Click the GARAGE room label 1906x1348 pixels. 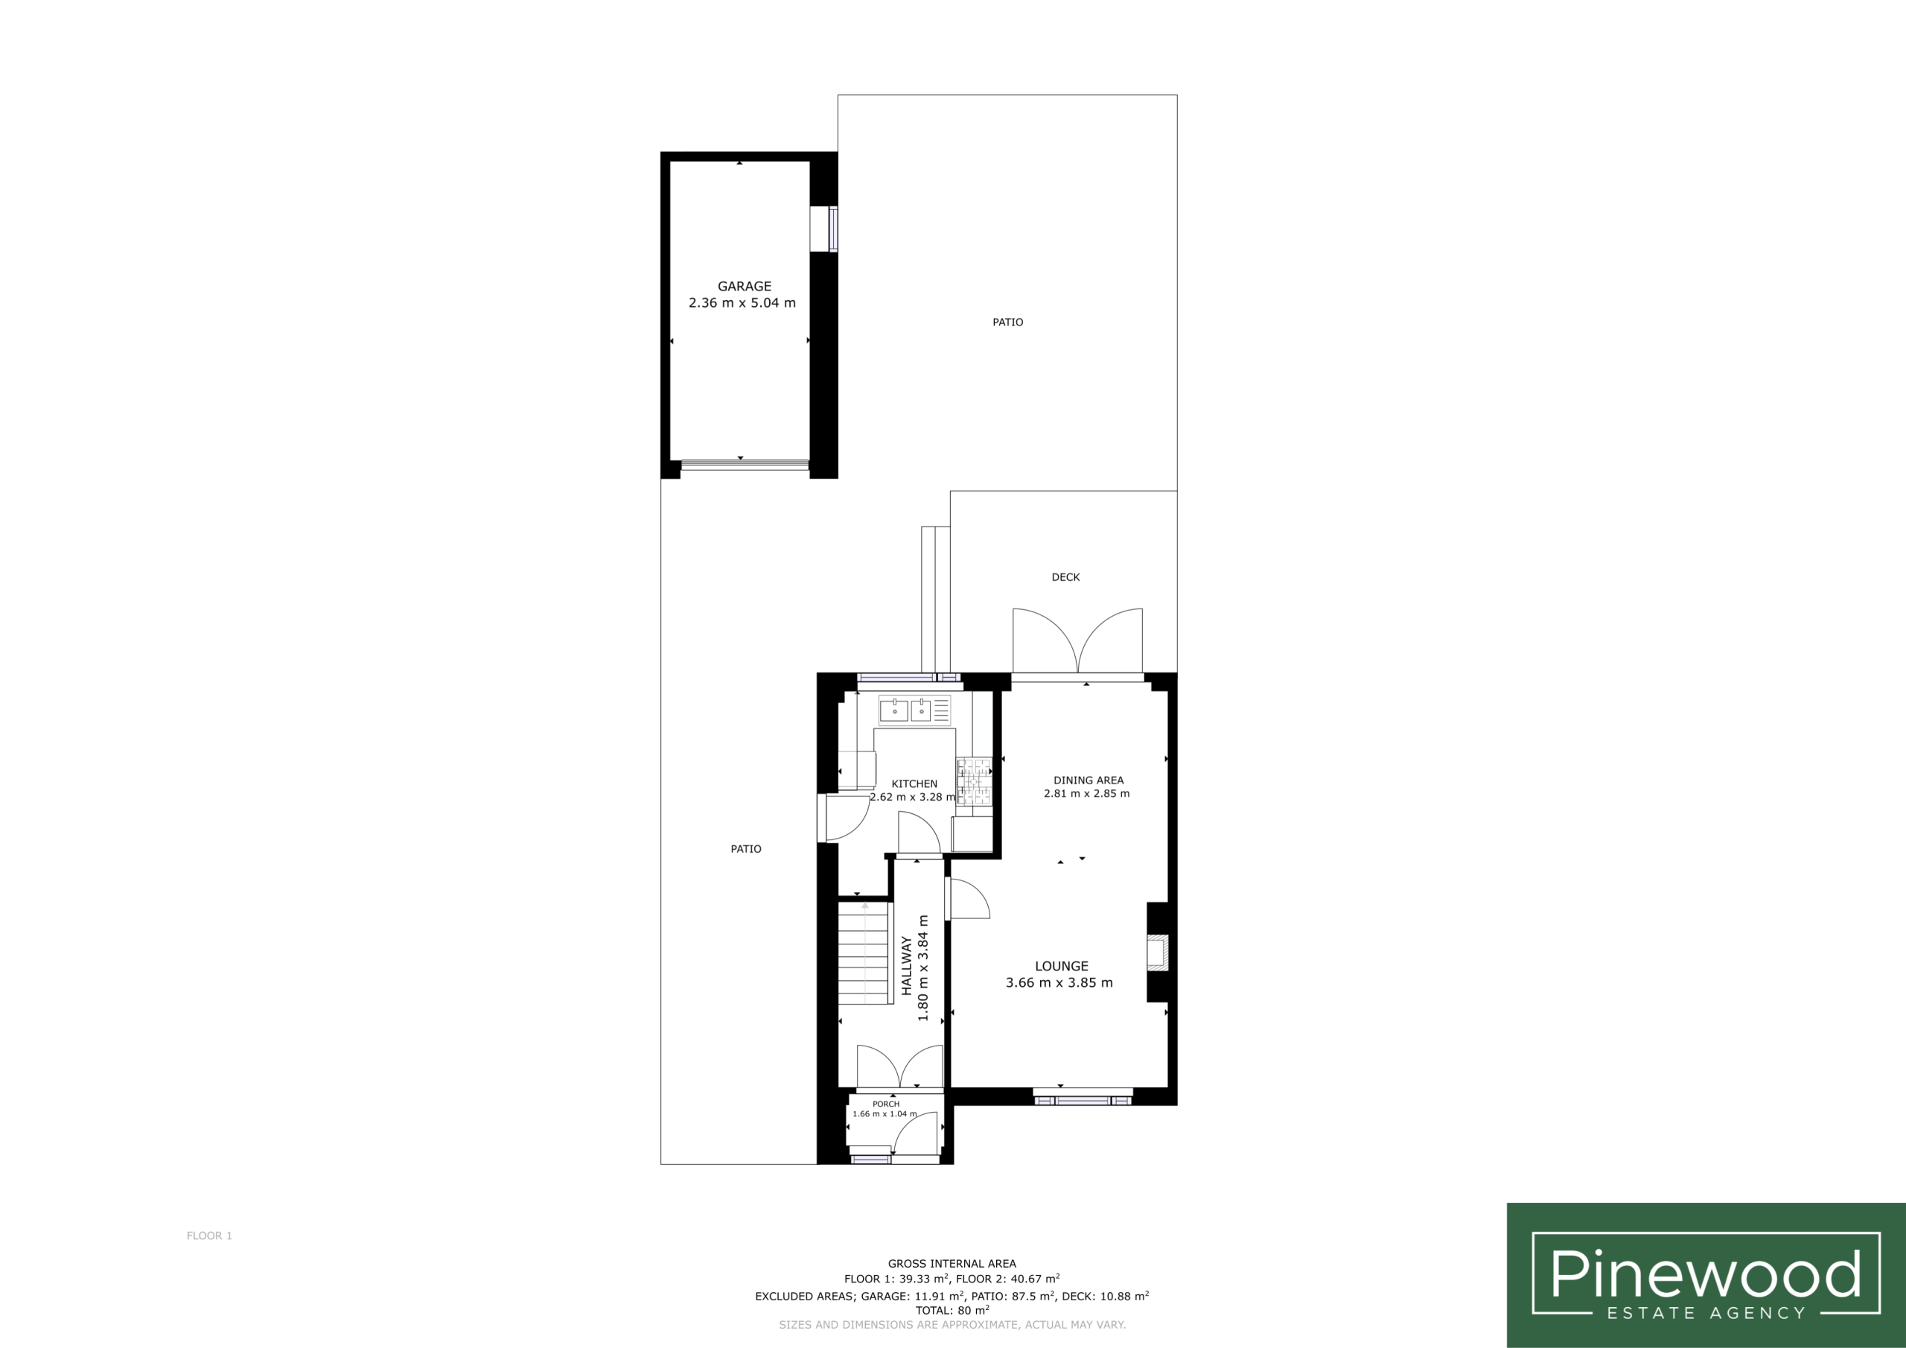click(744, 287)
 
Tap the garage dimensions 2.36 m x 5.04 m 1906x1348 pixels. click(742, 303)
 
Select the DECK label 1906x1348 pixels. click(1066, 577)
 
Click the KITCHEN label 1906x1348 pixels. click(914, 784)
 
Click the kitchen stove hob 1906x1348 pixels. click(975, 781)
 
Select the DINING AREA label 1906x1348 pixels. click(1089, 780)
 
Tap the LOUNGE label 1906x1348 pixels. click(1061, 966)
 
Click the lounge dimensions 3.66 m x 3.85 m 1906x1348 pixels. click(1059, 982)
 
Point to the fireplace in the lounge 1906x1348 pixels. click(1157, 953)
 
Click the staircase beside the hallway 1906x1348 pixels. click(864, 953)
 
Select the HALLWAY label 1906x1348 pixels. click(907, 965)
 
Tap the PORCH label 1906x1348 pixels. click(886, 1104)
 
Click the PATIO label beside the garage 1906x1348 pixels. click(1008, 322)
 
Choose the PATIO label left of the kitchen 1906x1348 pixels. click(745, 849)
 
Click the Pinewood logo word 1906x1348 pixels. click(1705, 1274)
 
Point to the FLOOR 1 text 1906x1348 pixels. click(209, 1236)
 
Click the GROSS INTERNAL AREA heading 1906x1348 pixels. click(952, 1263)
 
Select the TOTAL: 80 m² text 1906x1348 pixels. click(952, 1310)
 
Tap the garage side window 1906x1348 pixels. click(823, 229)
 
